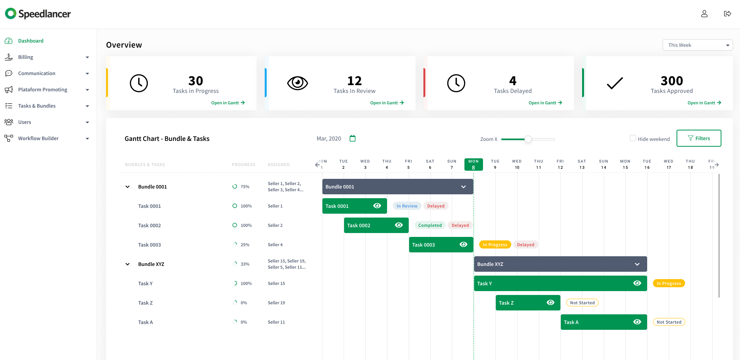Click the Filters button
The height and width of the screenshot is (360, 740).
(699, 138)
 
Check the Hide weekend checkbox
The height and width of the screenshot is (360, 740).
(633, 138)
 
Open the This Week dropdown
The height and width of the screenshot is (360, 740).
(697, 45)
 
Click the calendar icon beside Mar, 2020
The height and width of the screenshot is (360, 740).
(353, 138)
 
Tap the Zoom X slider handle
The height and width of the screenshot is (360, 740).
(528, 139)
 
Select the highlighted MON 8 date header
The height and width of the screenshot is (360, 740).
(473, 165)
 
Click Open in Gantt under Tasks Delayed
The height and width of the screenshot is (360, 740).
(545, 103)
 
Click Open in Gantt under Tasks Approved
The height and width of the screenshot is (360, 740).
(704, 103)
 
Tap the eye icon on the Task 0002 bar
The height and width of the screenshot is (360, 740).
(399, 225)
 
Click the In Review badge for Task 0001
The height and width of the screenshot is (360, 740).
(407, 206)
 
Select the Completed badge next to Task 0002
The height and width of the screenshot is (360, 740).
(430, 225)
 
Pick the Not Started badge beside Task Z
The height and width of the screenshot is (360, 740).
(582, 303)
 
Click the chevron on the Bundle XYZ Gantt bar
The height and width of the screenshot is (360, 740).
(637, 264)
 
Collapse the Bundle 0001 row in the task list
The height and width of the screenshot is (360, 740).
(127, 187)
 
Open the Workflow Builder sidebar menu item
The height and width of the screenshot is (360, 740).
(38, 138)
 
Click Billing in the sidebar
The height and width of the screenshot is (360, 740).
(26, 57)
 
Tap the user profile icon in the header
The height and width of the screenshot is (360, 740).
(704, 14)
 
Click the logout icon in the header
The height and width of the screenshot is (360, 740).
(727, 14)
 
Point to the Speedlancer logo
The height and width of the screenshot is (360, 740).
(38, 14)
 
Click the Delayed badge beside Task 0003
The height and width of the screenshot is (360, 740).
(525, 245)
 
